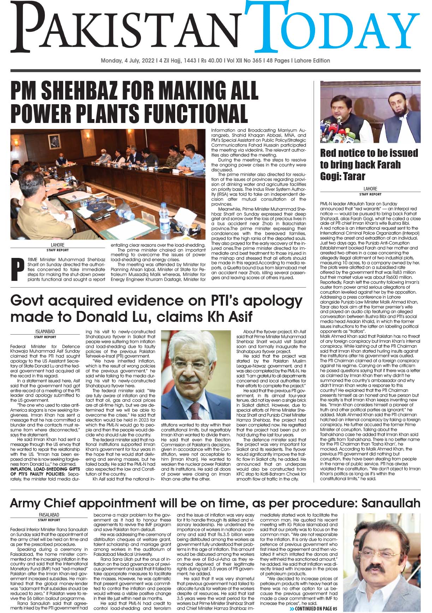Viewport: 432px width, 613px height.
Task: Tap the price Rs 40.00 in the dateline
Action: coord(209,61)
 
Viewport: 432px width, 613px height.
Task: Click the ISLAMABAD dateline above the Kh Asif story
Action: coord(46,332)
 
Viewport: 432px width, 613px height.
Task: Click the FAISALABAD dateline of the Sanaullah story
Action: coord(49,515)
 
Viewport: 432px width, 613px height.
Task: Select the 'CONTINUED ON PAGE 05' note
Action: coord(309,609)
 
